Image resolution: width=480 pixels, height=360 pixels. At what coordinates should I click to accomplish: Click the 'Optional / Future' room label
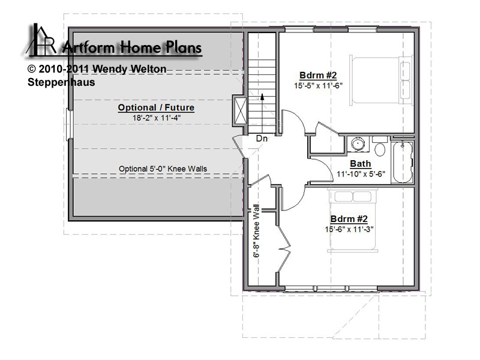[x=156, y=107]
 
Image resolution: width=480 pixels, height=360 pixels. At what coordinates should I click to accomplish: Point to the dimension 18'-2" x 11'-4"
[x=157, y=118]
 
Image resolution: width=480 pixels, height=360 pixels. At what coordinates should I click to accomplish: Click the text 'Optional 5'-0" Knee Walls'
[x=163, y=169]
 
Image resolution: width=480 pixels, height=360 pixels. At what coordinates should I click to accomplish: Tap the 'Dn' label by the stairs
[x=262, y=139]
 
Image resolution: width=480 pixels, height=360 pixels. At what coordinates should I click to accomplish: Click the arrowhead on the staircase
[x=262, y=97]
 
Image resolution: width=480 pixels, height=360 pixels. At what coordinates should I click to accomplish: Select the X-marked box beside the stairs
[x=239, y=110]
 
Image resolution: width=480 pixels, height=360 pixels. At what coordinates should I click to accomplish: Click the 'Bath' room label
[x=361, y=164]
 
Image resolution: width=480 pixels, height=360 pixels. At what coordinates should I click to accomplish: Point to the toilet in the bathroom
[x=380, y=146]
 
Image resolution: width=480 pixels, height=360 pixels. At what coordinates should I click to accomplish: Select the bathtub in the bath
[x=403, y=162]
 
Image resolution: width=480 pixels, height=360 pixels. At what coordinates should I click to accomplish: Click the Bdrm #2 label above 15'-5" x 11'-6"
[x=318, y=76]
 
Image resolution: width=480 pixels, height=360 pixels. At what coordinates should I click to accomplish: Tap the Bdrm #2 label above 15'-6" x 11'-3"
[x=349, y=219]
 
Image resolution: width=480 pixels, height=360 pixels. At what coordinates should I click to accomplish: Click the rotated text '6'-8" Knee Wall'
[x=256, y=231]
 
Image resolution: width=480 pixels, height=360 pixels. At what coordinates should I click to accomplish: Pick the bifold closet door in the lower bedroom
[x=284, y=248]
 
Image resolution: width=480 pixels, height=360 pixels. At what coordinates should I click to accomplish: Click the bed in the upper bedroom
[x=381, y=80]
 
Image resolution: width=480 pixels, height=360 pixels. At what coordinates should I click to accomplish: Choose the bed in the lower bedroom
[x=353, y=220]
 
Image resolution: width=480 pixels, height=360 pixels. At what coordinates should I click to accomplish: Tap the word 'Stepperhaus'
[x=61, y=82]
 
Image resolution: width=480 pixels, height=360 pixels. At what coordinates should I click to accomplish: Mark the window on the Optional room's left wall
[x=70, y=125]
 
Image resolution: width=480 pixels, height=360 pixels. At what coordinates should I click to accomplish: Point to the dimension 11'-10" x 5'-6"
[x=361, y=174]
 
